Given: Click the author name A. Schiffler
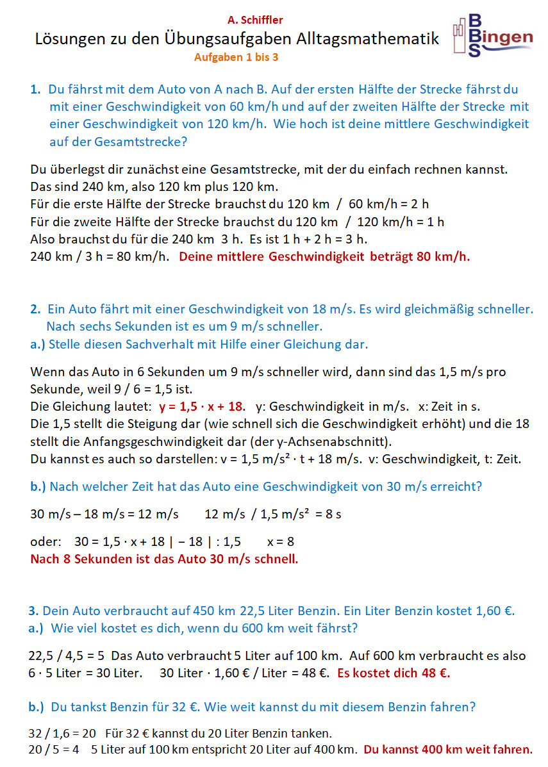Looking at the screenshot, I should (254, 21).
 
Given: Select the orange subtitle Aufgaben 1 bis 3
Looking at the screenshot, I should (236, 57).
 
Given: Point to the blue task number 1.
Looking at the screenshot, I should (35, 90).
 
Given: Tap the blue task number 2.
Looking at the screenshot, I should (35, 309).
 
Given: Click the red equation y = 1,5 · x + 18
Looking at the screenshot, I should (201, 406).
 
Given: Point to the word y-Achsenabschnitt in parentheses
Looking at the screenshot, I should (337, 441).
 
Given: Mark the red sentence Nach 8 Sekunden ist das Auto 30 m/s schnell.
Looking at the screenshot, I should (164, 559).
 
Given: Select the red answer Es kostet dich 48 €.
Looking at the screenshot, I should (394, 673).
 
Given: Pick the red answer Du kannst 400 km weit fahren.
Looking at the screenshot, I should (447, 749).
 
